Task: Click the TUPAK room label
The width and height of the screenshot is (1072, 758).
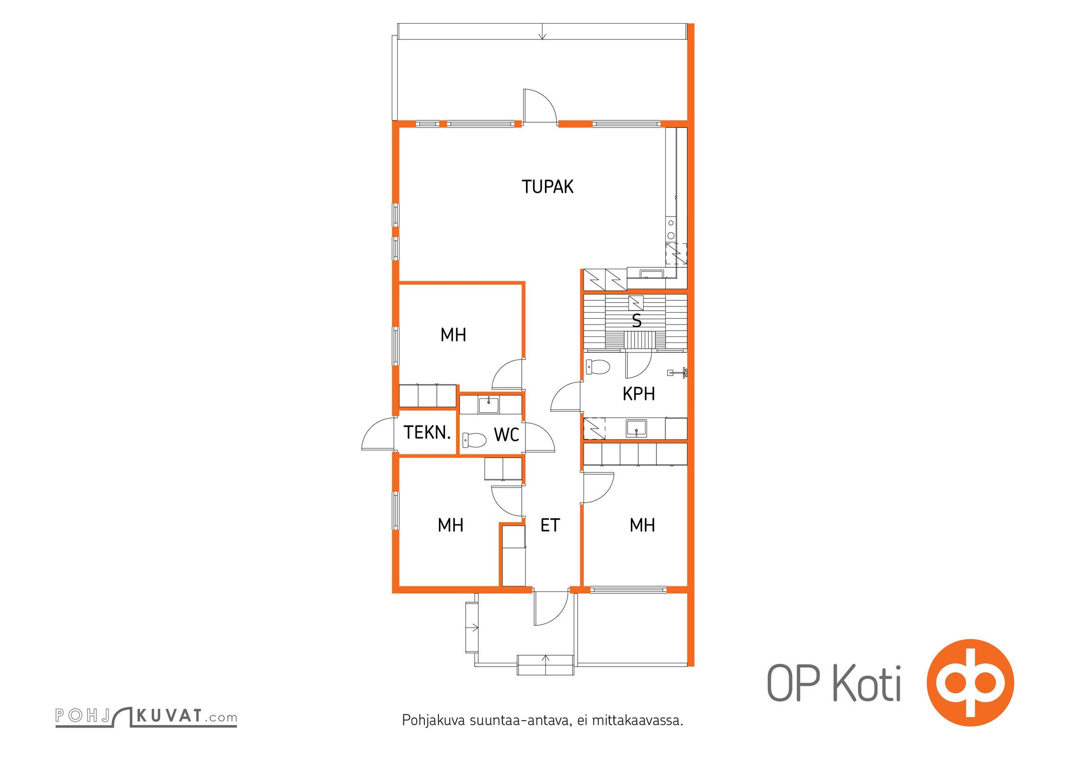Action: pyautogui.click(x=547, y=187)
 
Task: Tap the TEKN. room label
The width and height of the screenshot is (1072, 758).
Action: pyautogui.click(x=427, y=433)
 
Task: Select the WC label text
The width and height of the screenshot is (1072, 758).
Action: pyautogui.click(x=507, y=435)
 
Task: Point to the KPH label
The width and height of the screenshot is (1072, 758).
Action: pyautogui.click(x=639, y=394)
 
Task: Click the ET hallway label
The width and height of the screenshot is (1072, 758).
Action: pyautogui.click(x=550, y=525)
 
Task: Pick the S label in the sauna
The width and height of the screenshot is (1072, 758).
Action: pyautogui.click(x=637, y=321)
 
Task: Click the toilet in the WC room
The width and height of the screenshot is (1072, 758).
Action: pyautogui.click(x=474, y=440)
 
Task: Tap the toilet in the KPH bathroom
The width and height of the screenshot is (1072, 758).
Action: pyautogui.click(x=598, y=367)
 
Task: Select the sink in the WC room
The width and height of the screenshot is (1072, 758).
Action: pyautogui.click(x=489, y=405)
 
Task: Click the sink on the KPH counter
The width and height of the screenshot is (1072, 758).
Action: pyautogui.click(x=636, y=428)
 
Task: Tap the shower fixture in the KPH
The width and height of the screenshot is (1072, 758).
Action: pyautogui.click(x=677, y=373)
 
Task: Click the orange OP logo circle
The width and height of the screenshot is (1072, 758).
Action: pyautogui.click(x=970, y=683)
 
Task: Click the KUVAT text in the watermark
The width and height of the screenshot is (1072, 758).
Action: pyautogui.click(x=169, y=716)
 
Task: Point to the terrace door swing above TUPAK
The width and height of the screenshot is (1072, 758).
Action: pyautogui.click(x=540, y=106)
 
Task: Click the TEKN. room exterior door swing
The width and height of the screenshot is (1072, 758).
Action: pyautogui.click(x=378, y=434)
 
